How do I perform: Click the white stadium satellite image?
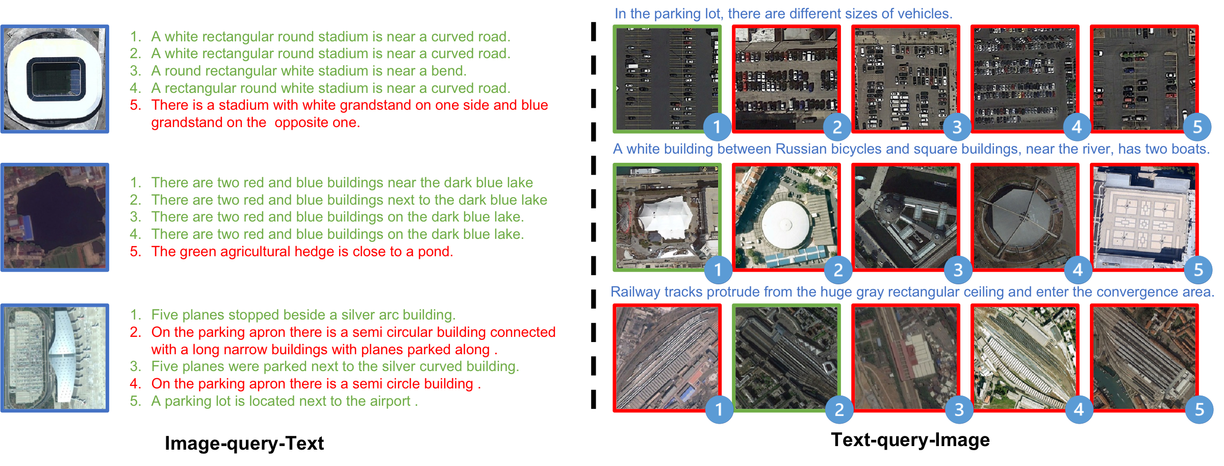click(55, 79)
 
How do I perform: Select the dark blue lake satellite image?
click(55, 217)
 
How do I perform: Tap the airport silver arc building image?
click(55, 358)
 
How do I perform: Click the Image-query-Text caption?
click(244, 443)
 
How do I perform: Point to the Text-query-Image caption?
click(910, 439)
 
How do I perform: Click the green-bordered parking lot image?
click(667, 79)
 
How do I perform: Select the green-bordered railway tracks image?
click(786, 358)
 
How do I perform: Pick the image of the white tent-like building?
click(667, 217)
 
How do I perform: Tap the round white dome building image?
click(786, 217)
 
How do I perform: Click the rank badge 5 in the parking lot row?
click(1197, 127)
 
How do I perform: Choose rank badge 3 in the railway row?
click(959, 409)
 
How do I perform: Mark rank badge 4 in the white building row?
click(1078, 269)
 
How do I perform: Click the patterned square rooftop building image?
click(1144, 217)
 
